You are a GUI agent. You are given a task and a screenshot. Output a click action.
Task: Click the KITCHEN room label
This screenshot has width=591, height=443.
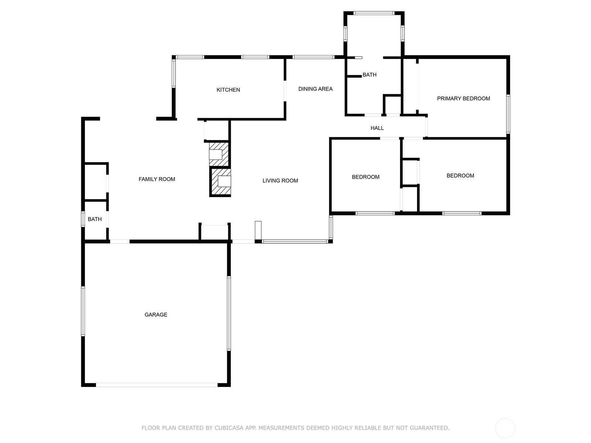[x=228, y=90]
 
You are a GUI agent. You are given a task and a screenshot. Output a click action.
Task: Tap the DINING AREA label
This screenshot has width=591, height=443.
[x=315, y=89]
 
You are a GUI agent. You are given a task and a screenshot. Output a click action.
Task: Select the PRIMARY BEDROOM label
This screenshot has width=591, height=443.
[x=463, y=99]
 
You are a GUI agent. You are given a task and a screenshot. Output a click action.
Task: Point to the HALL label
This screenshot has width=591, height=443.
[x=377, y=128]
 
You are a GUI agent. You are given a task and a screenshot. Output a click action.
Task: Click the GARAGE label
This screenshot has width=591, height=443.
[x=156, y=315]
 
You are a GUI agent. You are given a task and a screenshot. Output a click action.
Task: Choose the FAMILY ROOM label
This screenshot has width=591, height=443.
[x=157, y=179]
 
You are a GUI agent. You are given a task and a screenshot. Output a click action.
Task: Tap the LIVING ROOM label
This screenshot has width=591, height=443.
[x=280, y=181]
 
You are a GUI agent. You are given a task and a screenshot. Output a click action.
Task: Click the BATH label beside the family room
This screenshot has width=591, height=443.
[x=95, y=219]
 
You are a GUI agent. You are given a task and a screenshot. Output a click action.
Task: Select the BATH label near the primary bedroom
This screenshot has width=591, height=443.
[x=369, y=75]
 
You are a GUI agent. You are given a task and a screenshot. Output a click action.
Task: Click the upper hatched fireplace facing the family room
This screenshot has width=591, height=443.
[x=219, y=154]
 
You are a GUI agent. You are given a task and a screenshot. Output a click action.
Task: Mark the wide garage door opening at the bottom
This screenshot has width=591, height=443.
[x=157, y=385]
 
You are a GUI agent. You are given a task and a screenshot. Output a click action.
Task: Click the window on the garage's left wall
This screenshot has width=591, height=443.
[x=83, y=311]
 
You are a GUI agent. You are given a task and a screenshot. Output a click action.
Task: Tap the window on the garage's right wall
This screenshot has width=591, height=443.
[x=229, y=313]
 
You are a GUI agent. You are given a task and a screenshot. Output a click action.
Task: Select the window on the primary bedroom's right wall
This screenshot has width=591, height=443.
[x=508, y=114]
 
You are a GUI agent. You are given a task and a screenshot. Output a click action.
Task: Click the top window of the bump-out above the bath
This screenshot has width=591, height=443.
[x=374, y=13]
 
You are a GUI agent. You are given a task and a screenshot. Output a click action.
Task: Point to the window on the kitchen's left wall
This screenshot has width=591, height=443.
[x=174, y=73]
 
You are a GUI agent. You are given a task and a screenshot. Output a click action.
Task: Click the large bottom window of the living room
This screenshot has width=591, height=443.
[x=295, y=241]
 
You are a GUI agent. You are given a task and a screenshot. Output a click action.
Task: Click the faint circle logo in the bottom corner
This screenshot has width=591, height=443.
[x=505, y=428]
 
